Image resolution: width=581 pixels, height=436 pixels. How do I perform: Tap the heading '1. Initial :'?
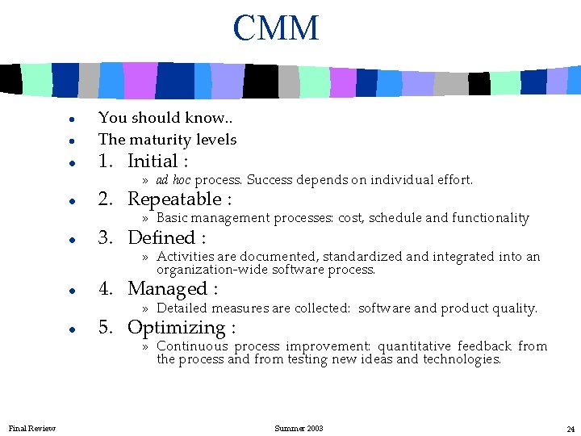(x=143, y=161)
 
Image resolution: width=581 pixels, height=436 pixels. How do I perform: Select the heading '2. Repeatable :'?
(x=165, y=199)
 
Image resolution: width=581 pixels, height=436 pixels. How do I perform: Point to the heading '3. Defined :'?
(x=152, y=238)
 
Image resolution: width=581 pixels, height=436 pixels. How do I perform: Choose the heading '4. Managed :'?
(x=158, y=289)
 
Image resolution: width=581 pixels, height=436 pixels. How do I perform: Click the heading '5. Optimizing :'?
(x=167, y=328)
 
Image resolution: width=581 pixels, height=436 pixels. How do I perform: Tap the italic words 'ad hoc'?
(x=173, y=180)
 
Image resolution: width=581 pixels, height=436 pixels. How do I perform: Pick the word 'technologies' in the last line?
(x=462, y=359)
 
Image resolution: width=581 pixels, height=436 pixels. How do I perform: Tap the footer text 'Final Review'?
(x=32, y=428)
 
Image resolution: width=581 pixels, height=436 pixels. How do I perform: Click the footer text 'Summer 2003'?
(x=299, y=428)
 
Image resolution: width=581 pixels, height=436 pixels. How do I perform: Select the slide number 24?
(x=570, y=428)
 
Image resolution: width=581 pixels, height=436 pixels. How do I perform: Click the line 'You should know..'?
(x=166, y=118)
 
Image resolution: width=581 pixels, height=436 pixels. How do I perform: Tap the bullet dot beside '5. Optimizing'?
(x=73, y=329)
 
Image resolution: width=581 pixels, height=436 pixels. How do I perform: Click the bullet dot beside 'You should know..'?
(x=73, y=119)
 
